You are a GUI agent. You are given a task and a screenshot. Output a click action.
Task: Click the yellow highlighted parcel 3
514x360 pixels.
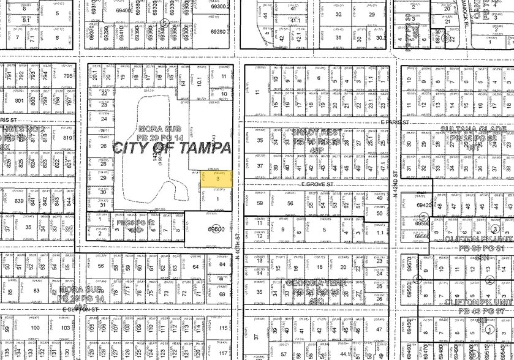coord(217,178)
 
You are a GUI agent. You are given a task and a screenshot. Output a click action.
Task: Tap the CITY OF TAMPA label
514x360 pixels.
coord(171,148)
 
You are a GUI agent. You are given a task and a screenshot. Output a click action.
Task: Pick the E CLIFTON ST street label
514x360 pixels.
coord(80,310)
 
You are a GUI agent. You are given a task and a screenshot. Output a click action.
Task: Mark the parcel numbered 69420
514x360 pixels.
coord(423,206)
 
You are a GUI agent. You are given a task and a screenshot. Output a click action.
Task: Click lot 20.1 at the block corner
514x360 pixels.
coord(94,77)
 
